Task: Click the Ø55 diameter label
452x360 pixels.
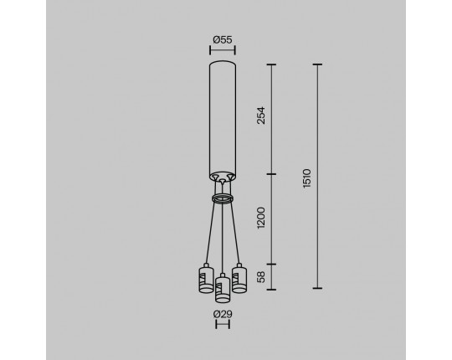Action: [x=223, y=40]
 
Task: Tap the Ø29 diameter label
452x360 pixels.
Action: [x=223, y=314]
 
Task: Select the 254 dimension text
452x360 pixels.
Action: [x=261, y=116]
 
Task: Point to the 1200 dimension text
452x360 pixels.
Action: [x=261, y=218]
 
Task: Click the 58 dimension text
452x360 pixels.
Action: [x=261, y=277]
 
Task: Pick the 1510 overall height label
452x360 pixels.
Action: [x=307, y=178]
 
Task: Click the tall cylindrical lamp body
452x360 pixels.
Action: [x=223, y=121]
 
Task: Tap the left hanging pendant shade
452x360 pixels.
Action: [x=206, y=279]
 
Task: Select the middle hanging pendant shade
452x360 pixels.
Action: [x=223, y=288]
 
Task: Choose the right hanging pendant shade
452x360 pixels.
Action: [x=239, y=279]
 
